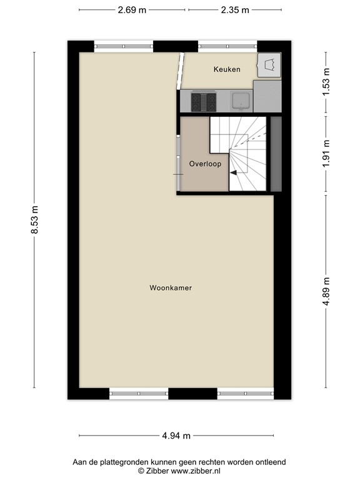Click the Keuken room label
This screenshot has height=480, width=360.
[x=226, y=69]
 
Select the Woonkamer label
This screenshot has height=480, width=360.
[x=170, y=288]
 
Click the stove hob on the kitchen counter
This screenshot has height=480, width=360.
[x=203, y=101]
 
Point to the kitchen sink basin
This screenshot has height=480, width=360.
[x=239, y=100]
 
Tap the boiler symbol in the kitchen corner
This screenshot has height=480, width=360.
[x=269, y=64]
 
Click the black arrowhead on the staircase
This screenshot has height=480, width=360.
[x=233, y=172]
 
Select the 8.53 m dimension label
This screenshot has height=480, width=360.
[x=35, y=220]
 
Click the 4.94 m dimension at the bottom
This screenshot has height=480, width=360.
[x=176, y=436]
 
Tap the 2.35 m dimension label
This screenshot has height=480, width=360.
[x=234, y=10]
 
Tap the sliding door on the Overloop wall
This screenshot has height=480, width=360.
[x=179, y=164]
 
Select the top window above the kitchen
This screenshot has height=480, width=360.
[x=227, y=46]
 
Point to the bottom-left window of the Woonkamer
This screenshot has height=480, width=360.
[x=139, y=394]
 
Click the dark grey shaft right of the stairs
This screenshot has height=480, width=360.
[x=276, y=153]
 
